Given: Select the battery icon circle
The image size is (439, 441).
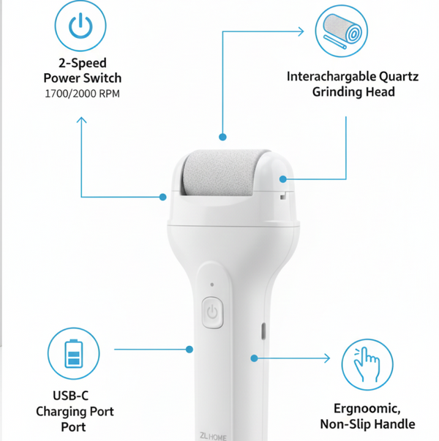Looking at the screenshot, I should [x=72, y=355].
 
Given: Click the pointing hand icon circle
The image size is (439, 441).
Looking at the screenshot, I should [x=367, y=363].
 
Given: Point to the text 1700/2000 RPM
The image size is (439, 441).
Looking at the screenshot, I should [x=82, y=94].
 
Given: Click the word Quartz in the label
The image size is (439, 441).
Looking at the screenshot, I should [x=397, y=76].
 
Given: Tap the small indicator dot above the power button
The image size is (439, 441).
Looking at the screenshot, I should [x=211, y=284].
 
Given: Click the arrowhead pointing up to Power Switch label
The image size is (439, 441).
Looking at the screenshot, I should [x=81, y=120].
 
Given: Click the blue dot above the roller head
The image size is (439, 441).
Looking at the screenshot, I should [x=222, y=136].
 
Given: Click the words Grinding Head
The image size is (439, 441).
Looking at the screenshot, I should [x=353, y=92].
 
